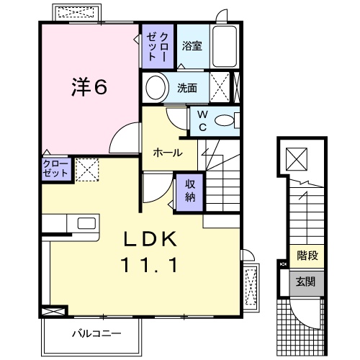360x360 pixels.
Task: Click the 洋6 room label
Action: [x=89, y=87]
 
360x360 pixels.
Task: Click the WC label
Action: [x=202, y=121]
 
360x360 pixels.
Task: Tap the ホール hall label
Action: [x=167, y=153]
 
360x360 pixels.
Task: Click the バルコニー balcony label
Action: [x=96, y=333]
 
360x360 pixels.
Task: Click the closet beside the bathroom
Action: [x=156, y=48]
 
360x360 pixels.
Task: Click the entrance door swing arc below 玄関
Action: [x=302, y=310]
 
